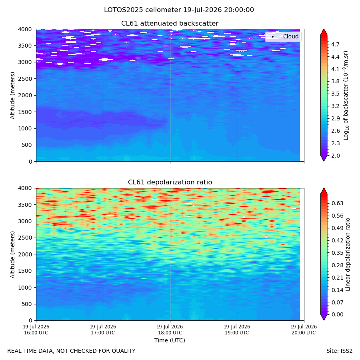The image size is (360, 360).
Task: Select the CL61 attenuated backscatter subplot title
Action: [x=170, y=24]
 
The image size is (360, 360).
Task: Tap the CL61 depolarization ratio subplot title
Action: [x=170, y=182]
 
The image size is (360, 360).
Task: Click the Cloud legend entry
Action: [x=283, y=36]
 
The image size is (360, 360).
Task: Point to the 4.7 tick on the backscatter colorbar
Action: [x=335, y=44]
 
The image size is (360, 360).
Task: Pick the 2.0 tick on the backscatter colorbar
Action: [x=335, y=156]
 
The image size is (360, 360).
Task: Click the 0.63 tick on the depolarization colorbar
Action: [x=337, y=203]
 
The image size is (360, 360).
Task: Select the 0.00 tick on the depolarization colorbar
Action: [x=337, y=314]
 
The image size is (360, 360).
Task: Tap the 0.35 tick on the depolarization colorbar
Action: [x=337, y=253]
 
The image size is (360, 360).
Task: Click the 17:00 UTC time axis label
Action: [x=103, y=330]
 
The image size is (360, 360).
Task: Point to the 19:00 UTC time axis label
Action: [x=237, y=330]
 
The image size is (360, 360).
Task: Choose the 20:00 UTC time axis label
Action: [x=304, y=330]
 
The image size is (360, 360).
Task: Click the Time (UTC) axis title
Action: [x=170, y=340]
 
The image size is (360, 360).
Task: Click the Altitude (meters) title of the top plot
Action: [x=12, y=96]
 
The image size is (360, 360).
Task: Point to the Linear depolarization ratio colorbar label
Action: [x=348, y=254]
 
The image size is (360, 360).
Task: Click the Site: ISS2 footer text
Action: [x=339, y=351]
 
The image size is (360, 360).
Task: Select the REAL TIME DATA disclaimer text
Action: [x=72, y=351]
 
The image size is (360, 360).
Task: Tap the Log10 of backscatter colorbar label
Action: [x=346, y=96]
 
